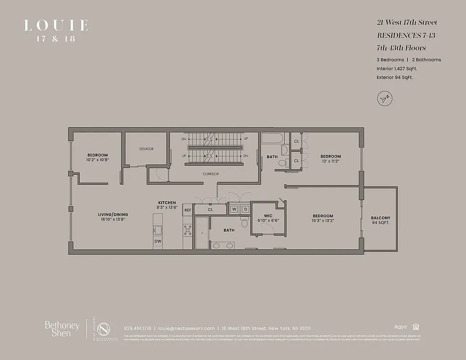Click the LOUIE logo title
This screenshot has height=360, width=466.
coord(56,25)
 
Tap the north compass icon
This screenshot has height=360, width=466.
coord(384,99)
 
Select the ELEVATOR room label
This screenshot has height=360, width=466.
coord(146,149)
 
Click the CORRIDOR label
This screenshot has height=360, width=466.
coord(210,174)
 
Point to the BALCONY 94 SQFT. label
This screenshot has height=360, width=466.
coord(381,220)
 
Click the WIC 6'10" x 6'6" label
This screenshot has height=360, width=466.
coord(268,218)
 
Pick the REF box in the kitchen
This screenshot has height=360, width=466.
coord(187,210)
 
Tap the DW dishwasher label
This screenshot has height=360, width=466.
coord(158,241)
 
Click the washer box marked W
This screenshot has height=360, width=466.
coord(234,209)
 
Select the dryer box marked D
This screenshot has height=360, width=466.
coord(245,209)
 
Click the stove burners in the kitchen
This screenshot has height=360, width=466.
coord(188,230)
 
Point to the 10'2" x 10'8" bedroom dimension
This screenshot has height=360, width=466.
coord(98,160)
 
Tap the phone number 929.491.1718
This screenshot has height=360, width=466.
coord(137,328)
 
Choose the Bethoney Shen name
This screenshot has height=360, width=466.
coord(62,329)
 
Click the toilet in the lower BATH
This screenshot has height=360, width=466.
coord(244,223)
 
